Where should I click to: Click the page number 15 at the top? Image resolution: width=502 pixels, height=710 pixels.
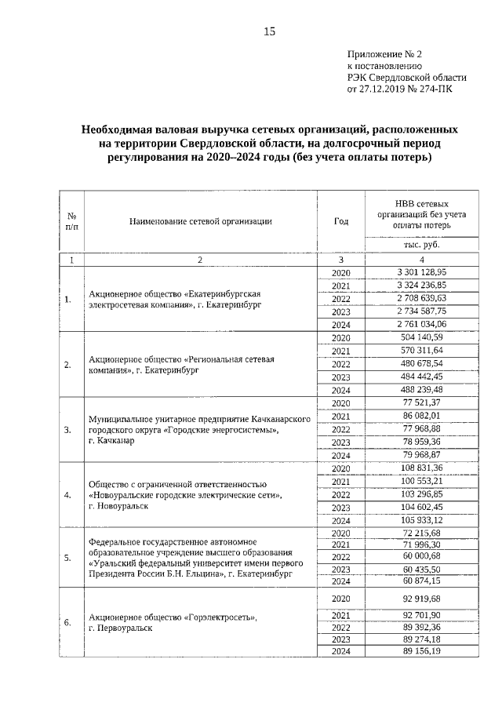click(269, 31)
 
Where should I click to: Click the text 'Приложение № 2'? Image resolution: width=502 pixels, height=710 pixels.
click(384, 54)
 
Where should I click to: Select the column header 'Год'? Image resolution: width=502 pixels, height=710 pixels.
click(340, 221)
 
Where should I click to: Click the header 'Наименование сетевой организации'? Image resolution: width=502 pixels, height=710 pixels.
click(201, 221)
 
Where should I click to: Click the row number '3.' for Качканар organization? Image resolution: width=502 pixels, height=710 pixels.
click(67, 429)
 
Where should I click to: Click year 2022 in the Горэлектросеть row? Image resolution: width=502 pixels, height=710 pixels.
click(340, 627)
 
